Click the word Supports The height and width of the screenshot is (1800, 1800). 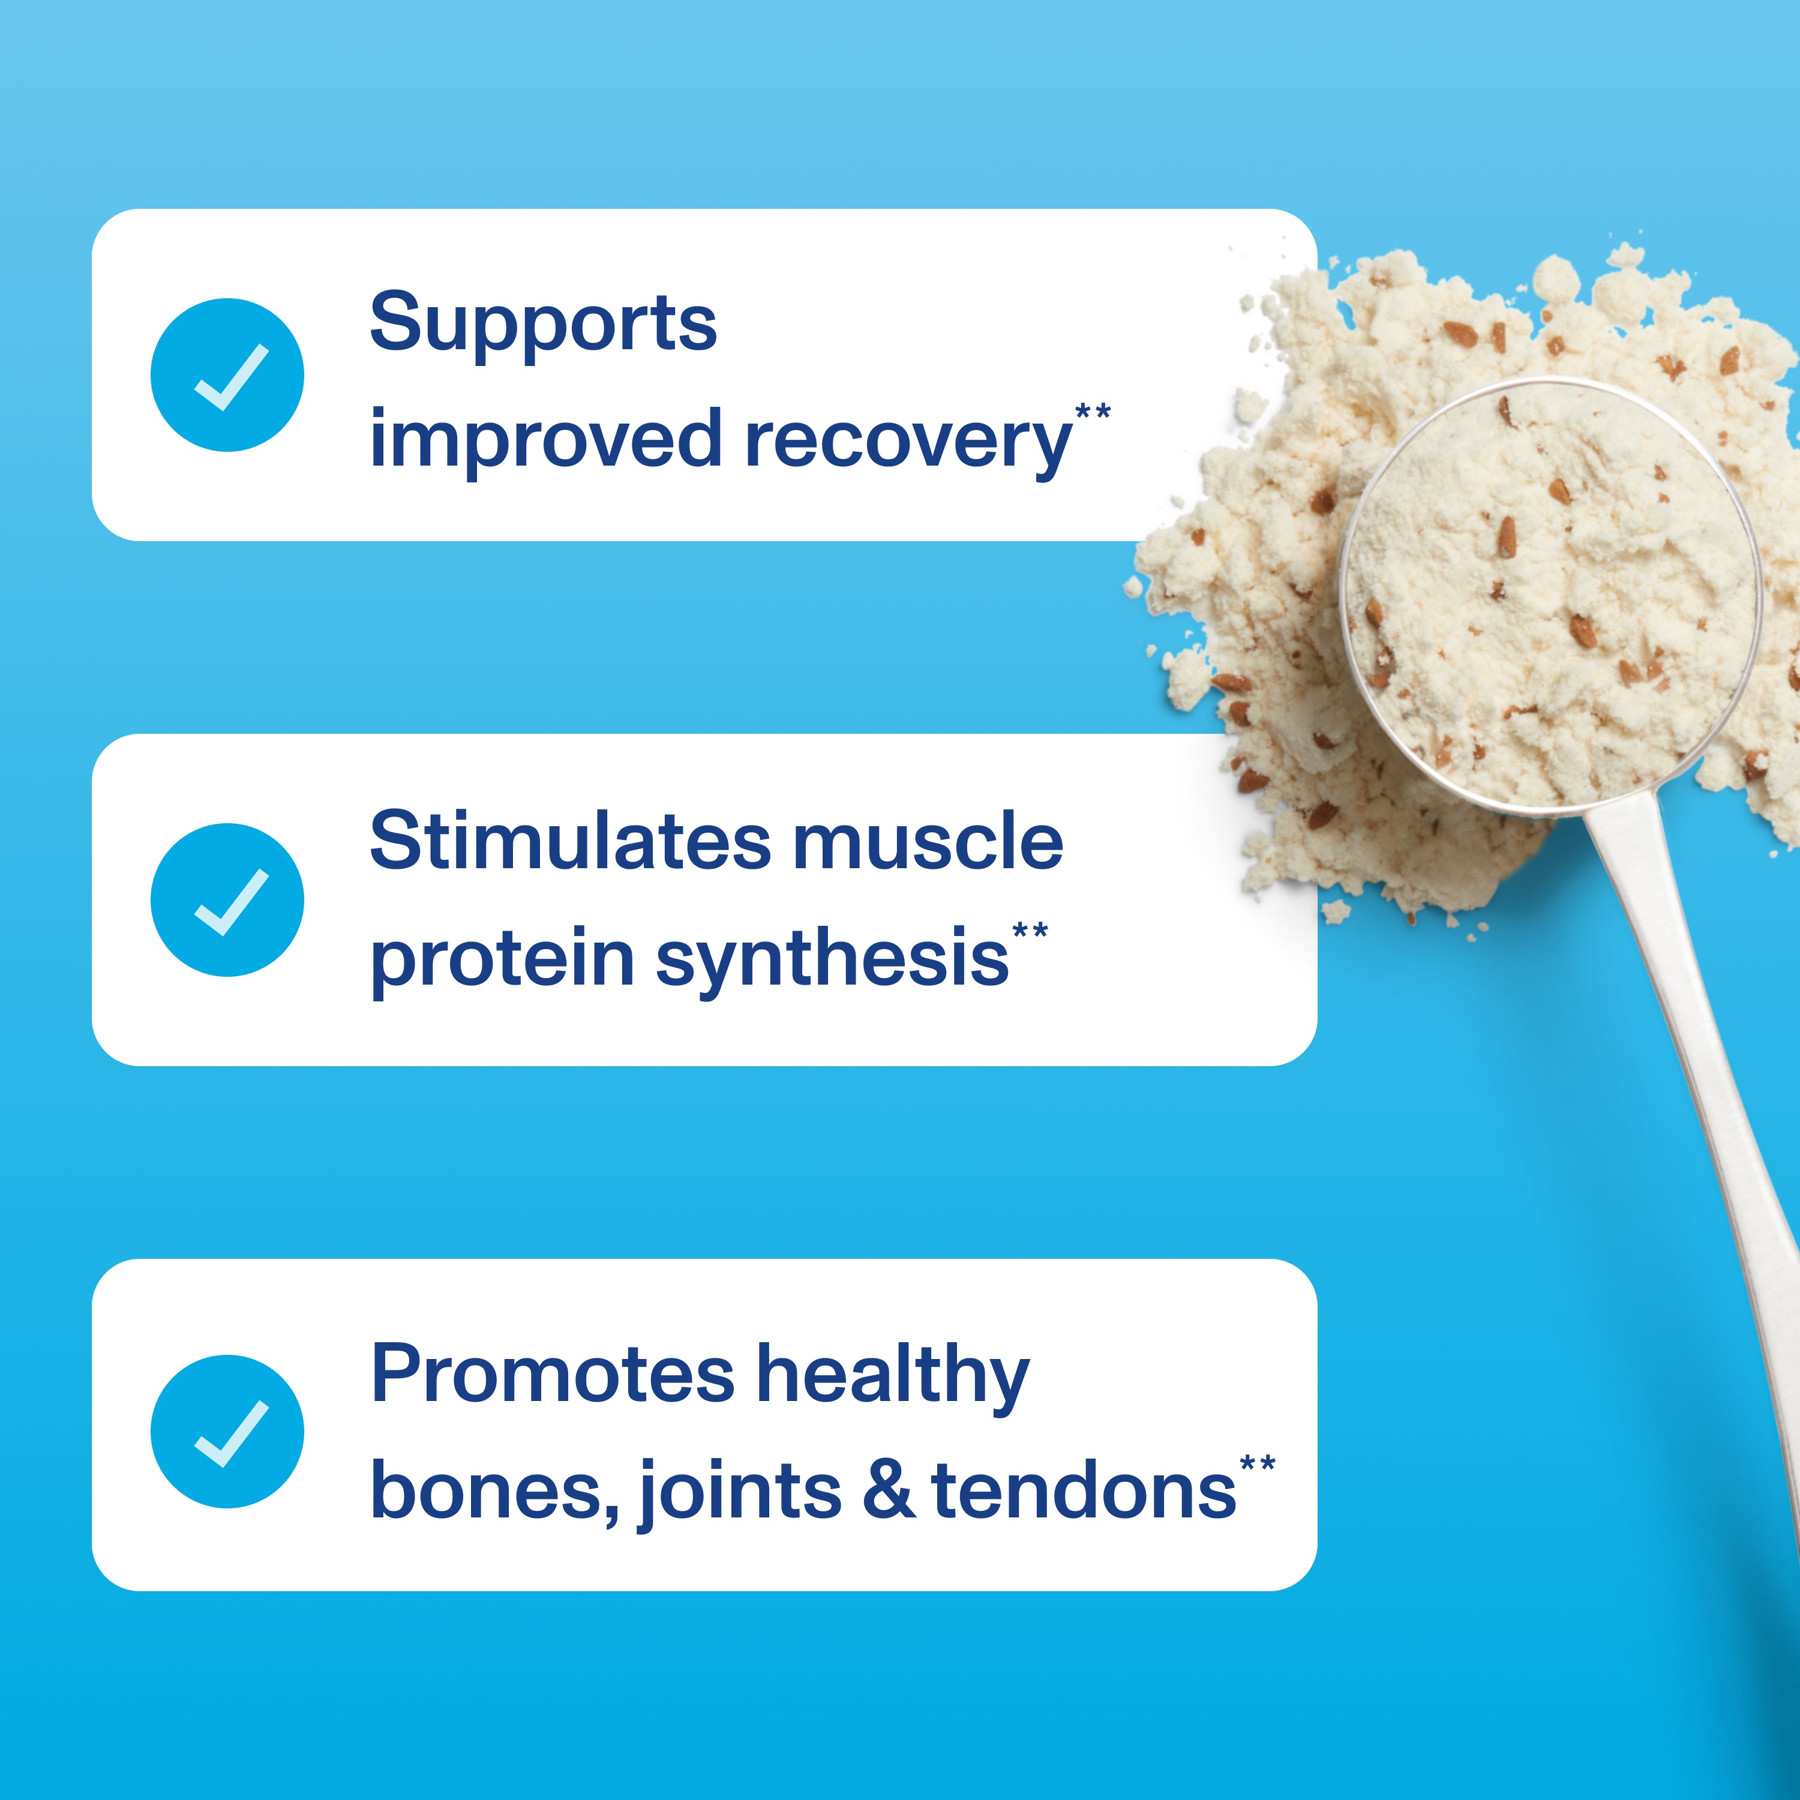tap(543, 323)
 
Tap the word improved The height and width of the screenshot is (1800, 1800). tap(546, 442)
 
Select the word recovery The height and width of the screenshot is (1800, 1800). tap(908, 442)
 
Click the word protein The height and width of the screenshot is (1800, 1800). tap(503, 959)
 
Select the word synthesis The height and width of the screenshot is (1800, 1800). tap(832, 959)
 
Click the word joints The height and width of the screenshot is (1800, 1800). tap(740, 1490)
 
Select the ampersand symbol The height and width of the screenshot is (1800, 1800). tap(888, 1490)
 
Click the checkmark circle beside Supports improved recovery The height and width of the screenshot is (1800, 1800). tap(227, 376)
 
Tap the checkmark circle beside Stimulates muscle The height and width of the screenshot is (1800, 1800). tap(227, 900)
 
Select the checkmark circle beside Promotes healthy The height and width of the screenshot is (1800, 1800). tap(227, 1432)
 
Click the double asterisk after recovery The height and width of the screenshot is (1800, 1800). tap(1093, 412)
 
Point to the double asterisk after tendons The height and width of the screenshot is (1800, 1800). tap(1257, 1463)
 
